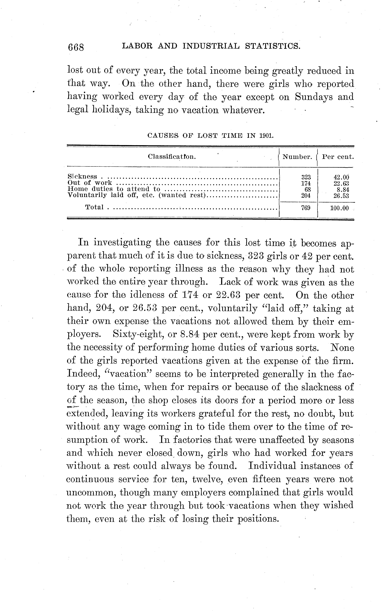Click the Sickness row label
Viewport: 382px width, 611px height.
click(x=82, y=177)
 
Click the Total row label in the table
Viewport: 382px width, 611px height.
click(x=94, y=207)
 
